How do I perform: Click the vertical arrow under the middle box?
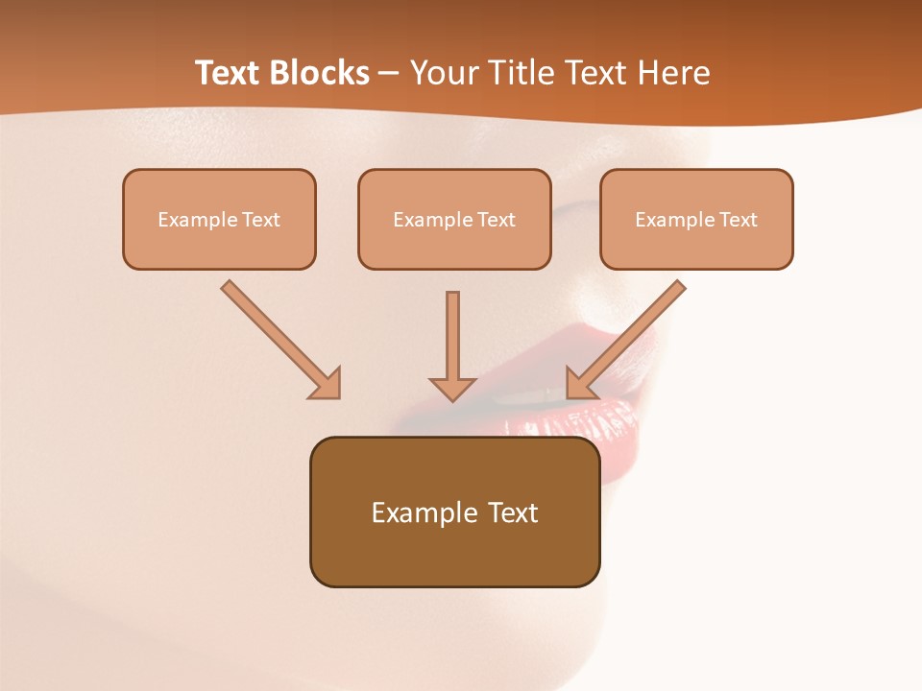pos(452,336)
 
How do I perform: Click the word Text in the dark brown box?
pos(513,512)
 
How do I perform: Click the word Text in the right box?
pos(739,220)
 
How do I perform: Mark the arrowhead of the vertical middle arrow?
pos(452,388)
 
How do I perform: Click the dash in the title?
pos(390,73)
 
